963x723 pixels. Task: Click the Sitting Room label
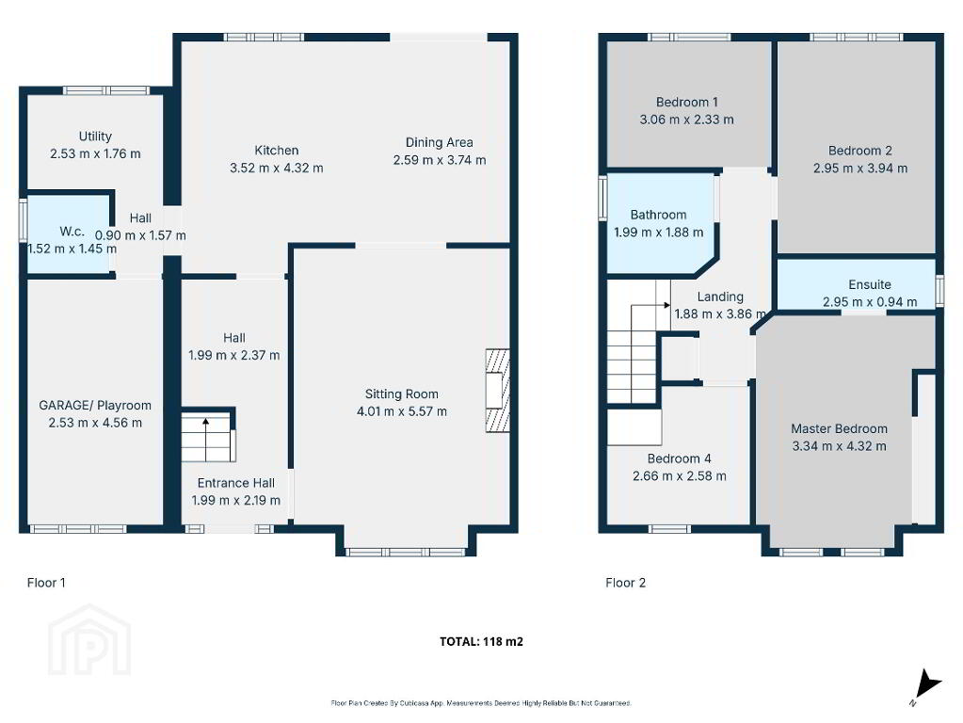pos(402,394)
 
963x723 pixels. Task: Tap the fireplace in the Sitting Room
pos(497,391)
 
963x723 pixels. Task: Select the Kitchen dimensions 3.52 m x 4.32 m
pos(277,168)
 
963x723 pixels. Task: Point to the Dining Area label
pos(439,142)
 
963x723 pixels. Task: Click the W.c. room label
pos(72,232)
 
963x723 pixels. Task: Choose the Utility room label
pos(95,137)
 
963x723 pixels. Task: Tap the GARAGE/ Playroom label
pos(95,406)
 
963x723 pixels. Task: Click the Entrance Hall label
pos(236,483)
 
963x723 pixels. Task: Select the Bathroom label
pos(658,215)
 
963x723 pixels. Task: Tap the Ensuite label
pos(870,284)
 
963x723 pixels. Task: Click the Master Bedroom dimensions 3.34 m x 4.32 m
pos(839,446)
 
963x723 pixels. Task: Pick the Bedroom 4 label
pos(680,458)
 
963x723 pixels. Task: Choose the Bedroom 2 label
pos(859,151)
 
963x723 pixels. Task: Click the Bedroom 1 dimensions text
pos(686,120)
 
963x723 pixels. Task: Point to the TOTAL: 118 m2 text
pos(482,641)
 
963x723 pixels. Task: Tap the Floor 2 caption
pos(626,583)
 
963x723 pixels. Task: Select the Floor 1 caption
pos(46,583)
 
